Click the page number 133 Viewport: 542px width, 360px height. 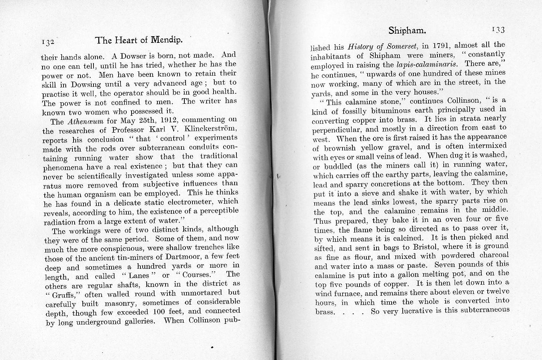click(x=498, y=30)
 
